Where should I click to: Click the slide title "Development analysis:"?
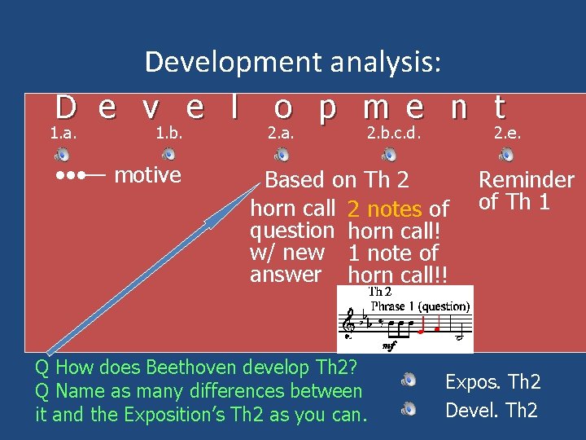pos(293,62)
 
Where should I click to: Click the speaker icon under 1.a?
pos(62,155)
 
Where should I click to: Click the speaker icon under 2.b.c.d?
pos(390,155)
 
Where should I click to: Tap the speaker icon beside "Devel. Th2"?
pos(410,408)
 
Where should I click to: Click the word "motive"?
pos(147,175)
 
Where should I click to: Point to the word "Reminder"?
pos(526,180)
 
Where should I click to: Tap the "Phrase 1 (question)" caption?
pos(419,306)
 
